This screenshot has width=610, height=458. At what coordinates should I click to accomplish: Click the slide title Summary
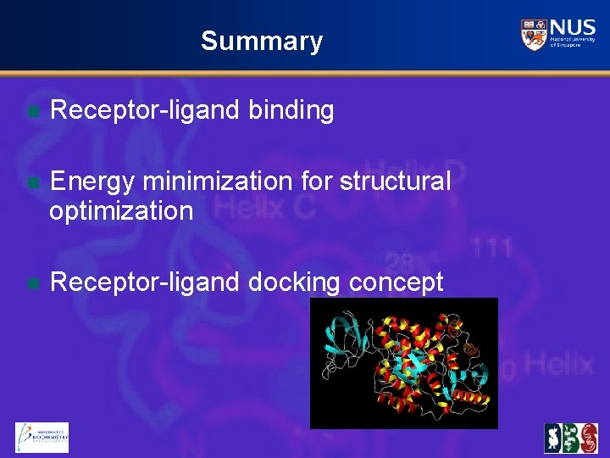point(262,41)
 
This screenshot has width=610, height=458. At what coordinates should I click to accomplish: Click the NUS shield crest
point(534,35)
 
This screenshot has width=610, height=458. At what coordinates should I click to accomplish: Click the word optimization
point(121,210)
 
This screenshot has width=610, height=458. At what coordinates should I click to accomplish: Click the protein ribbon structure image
point(403,363)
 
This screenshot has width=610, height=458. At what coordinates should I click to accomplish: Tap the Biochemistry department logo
point(42,437)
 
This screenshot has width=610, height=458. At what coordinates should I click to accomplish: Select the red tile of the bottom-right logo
point(588,438)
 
